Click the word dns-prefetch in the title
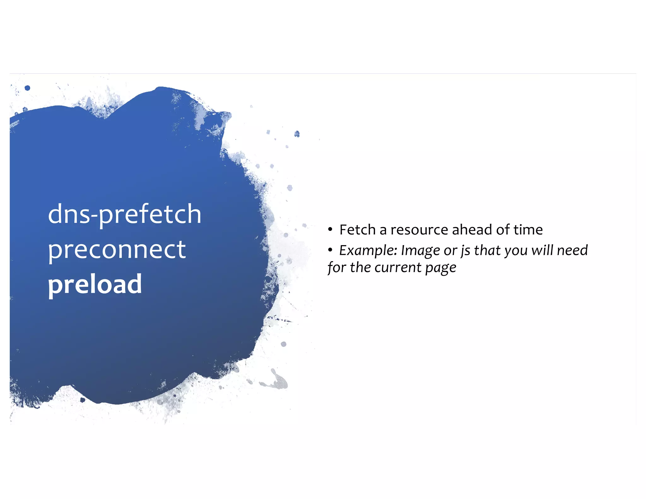pos(124,214)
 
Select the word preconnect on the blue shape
pos(117,249)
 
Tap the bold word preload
pos(95,284)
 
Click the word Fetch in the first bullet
pos(357,230)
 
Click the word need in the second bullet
pos(572,250)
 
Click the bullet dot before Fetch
pos(330,230)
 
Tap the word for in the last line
pos(337,268)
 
